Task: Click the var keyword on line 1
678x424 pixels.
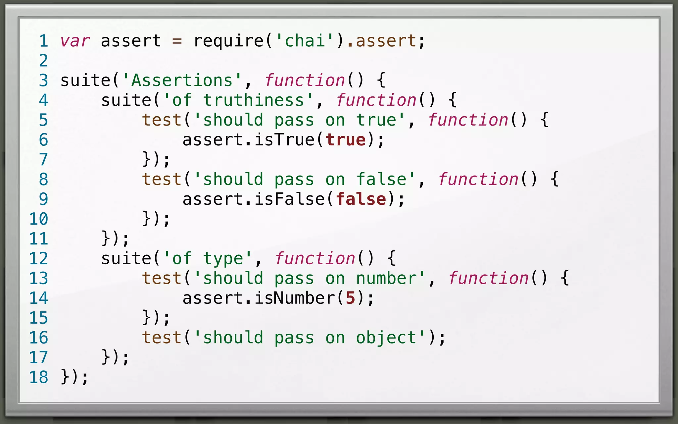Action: click(75, 41)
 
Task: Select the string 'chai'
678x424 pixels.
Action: click(305, 41)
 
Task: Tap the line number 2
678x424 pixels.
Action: click(43, 61)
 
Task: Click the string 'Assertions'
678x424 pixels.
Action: click(182, 80)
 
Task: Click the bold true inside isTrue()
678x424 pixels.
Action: click(345, 140)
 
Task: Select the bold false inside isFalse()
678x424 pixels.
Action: click(361, 199)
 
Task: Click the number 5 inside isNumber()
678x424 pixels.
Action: click(350, 298)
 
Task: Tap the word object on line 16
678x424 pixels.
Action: click(386, 338)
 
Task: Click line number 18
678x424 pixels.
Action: click(38, 377)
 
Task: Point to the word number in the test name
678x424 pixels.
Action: click(386, 279)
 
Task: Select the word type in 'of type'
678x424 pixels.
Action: click(223, 259)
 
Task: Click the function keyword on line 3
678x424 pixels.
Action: click(305, 80)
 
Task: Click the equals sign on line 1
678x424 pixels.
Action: click(177, 41)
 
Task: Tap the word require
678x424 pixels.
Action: click(228, 41)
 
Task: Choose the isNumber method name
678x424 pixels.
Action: click(294, 298)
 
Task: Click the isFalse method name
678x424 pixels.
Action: click(289, 199)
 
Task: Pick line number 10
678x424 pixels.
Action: click(38, 219)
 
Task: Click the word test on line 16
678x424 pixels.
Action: click(162, 338)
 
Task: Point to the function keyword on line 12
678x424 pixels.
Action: click(315, 259)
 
